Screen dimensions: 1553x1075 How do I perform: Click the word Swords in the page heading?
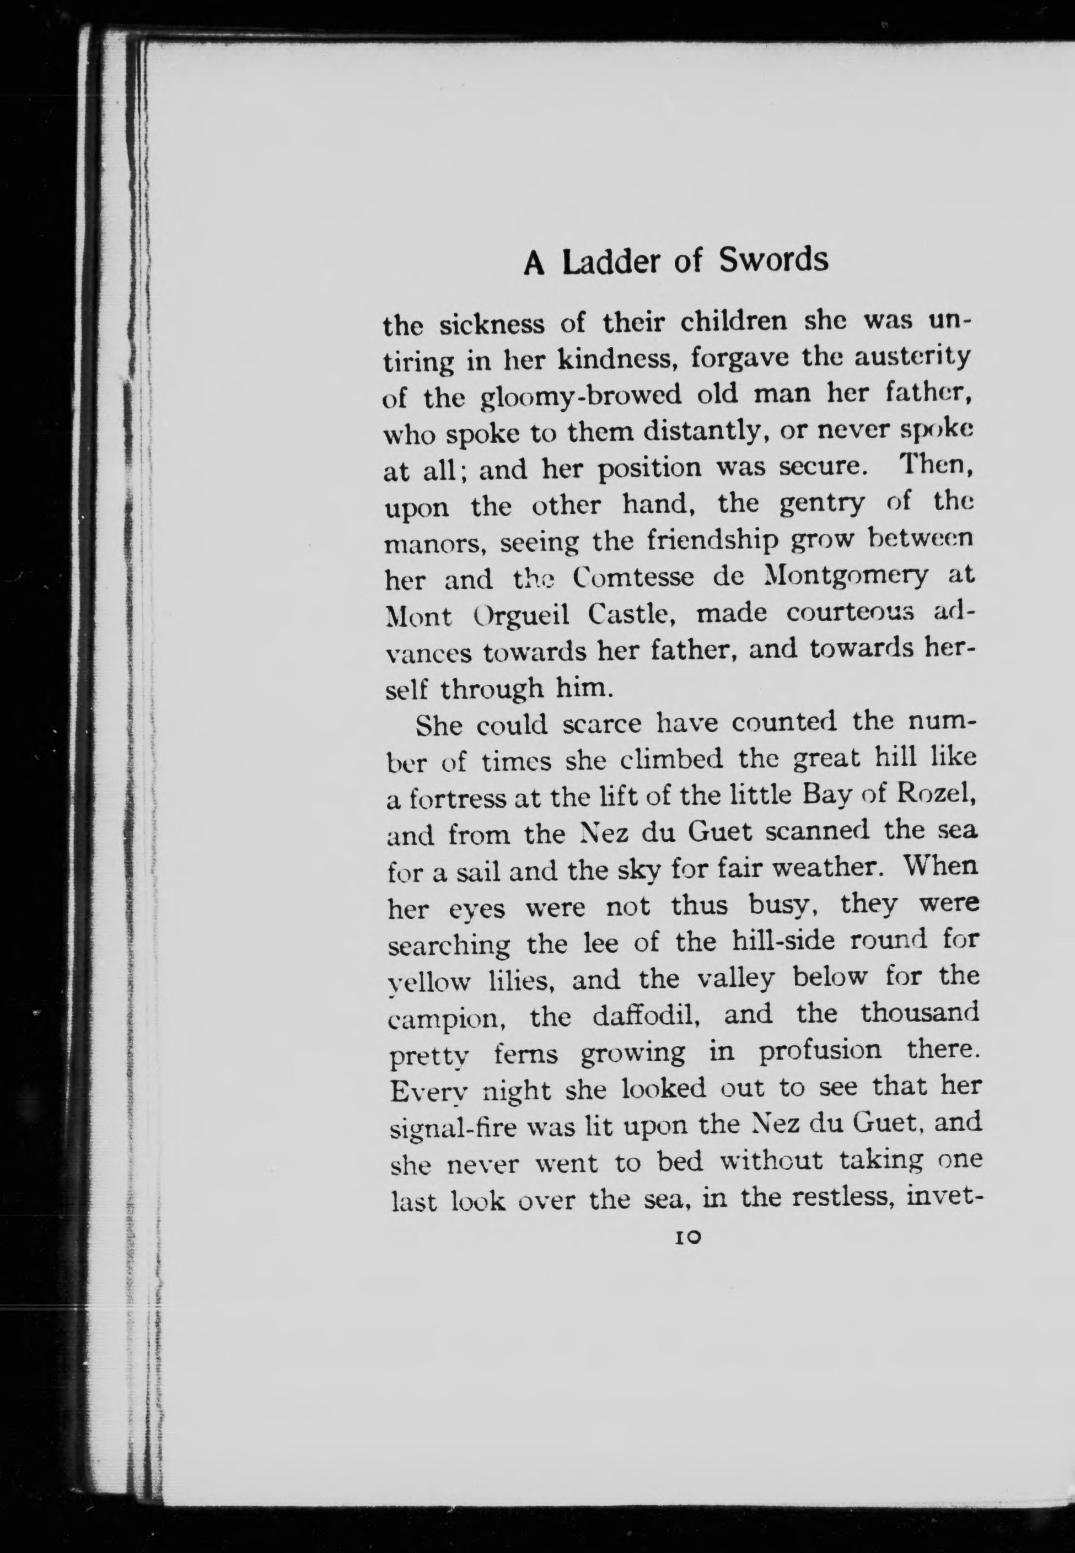pyautogui.click(x=773, y=260)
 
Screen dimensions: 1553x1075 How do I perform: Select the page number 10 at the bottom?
pyautogui.click(x=686, y=1237)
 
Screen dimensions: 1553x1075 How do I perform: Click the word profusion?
pyautogui.click(x=820, y=1051)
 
